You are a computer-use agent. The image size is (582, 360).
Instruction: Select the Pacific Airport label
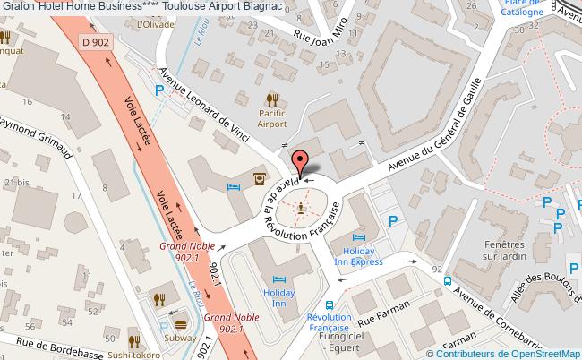[x=272, y=119]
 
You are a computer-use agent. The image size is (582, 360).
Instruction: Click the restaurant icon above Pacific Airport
[x=272, y=100]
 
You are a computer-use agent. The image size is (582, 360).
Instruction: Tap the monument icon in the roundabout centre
[x=302, y=208]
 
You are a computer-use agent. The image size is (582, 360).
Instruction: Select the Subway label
[x=178, y=339]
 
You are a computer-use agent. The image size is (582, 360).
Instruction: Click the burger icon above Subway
[x=179, y=323]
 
